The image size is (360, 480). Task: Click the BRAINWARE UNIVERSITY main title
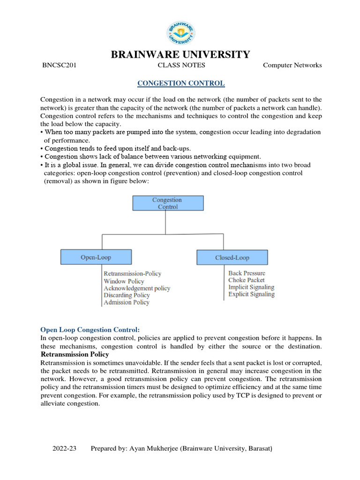tap(180, 54)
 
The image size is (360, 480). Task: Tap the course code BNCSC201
tap(60, 66)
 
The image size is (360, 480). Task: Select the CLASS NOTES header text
tap(181, 66)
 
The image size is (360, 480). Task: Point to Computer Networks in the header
tap(292, 66)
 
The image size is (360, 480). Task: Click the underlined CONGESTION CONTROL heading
tap(180, 83)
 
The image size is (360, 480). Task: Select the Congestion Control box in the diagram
tap(168, 203)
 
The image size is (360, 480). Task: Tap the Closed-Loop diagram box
tap(232, 257)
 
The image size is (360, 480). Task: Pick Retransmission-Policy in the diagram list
tap(132, 274)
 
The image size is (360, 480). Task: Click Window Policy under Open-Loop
tap(124, 281)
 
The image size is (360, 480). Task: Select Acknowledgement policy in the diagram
tap(137, 288)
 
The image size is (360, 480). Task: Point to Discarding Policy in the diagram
tap(127, 295)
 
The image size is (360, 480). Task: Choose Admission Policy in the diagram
tap(127, 302)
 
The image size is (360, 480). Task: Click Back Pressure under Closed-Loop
tap(247, 273)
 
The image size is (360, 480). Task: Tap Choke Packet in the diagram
tap(247, 280)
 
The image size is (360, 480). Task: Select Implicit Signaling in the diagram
tap(251, 287)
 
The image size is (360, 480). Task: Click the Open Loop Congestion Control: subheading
tap(90, 330)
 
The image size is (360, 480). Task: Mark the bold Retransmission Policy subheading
tap(75, 354)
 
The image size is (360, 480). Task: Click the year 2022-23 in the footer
tap(64, 449)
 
